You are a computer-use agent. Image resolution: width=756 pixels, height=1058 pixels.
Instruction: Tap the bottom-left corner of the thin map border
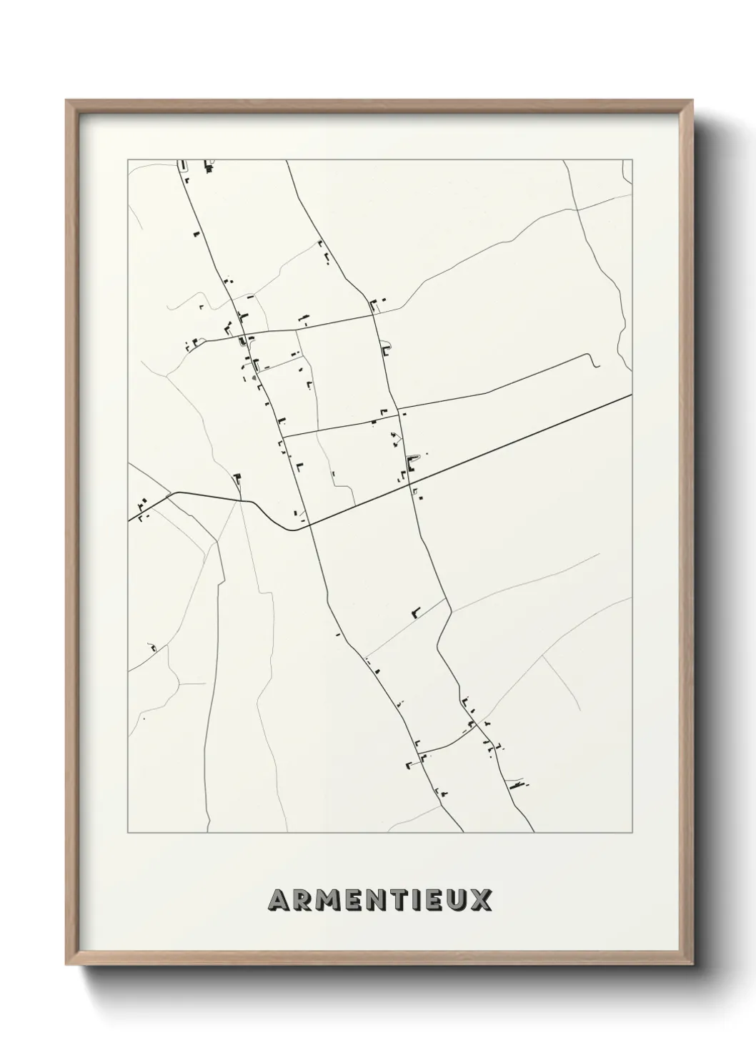coord(128,833)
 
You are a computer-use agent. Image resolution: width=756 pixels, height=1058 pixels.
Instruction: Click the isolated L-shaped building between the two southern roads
coord(414,611)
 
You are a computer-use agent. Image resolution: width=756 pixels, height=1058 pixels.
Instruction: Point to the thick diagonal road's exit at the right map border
coord(632,395)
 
